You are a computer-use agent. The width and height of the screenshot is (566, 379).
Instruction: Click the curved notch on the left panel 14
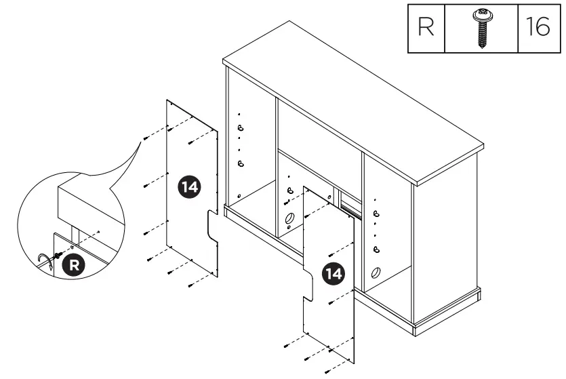[212, 226]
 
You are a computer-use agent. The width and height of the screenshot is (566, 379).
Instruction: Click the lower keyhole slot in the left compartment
[240, 163]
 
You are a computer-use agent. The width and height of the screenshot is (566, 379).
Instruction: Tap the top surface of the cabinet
[352, 102]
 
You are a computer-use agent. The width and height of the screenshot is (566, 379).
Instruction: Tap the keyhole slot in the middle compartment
[289, 192]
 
